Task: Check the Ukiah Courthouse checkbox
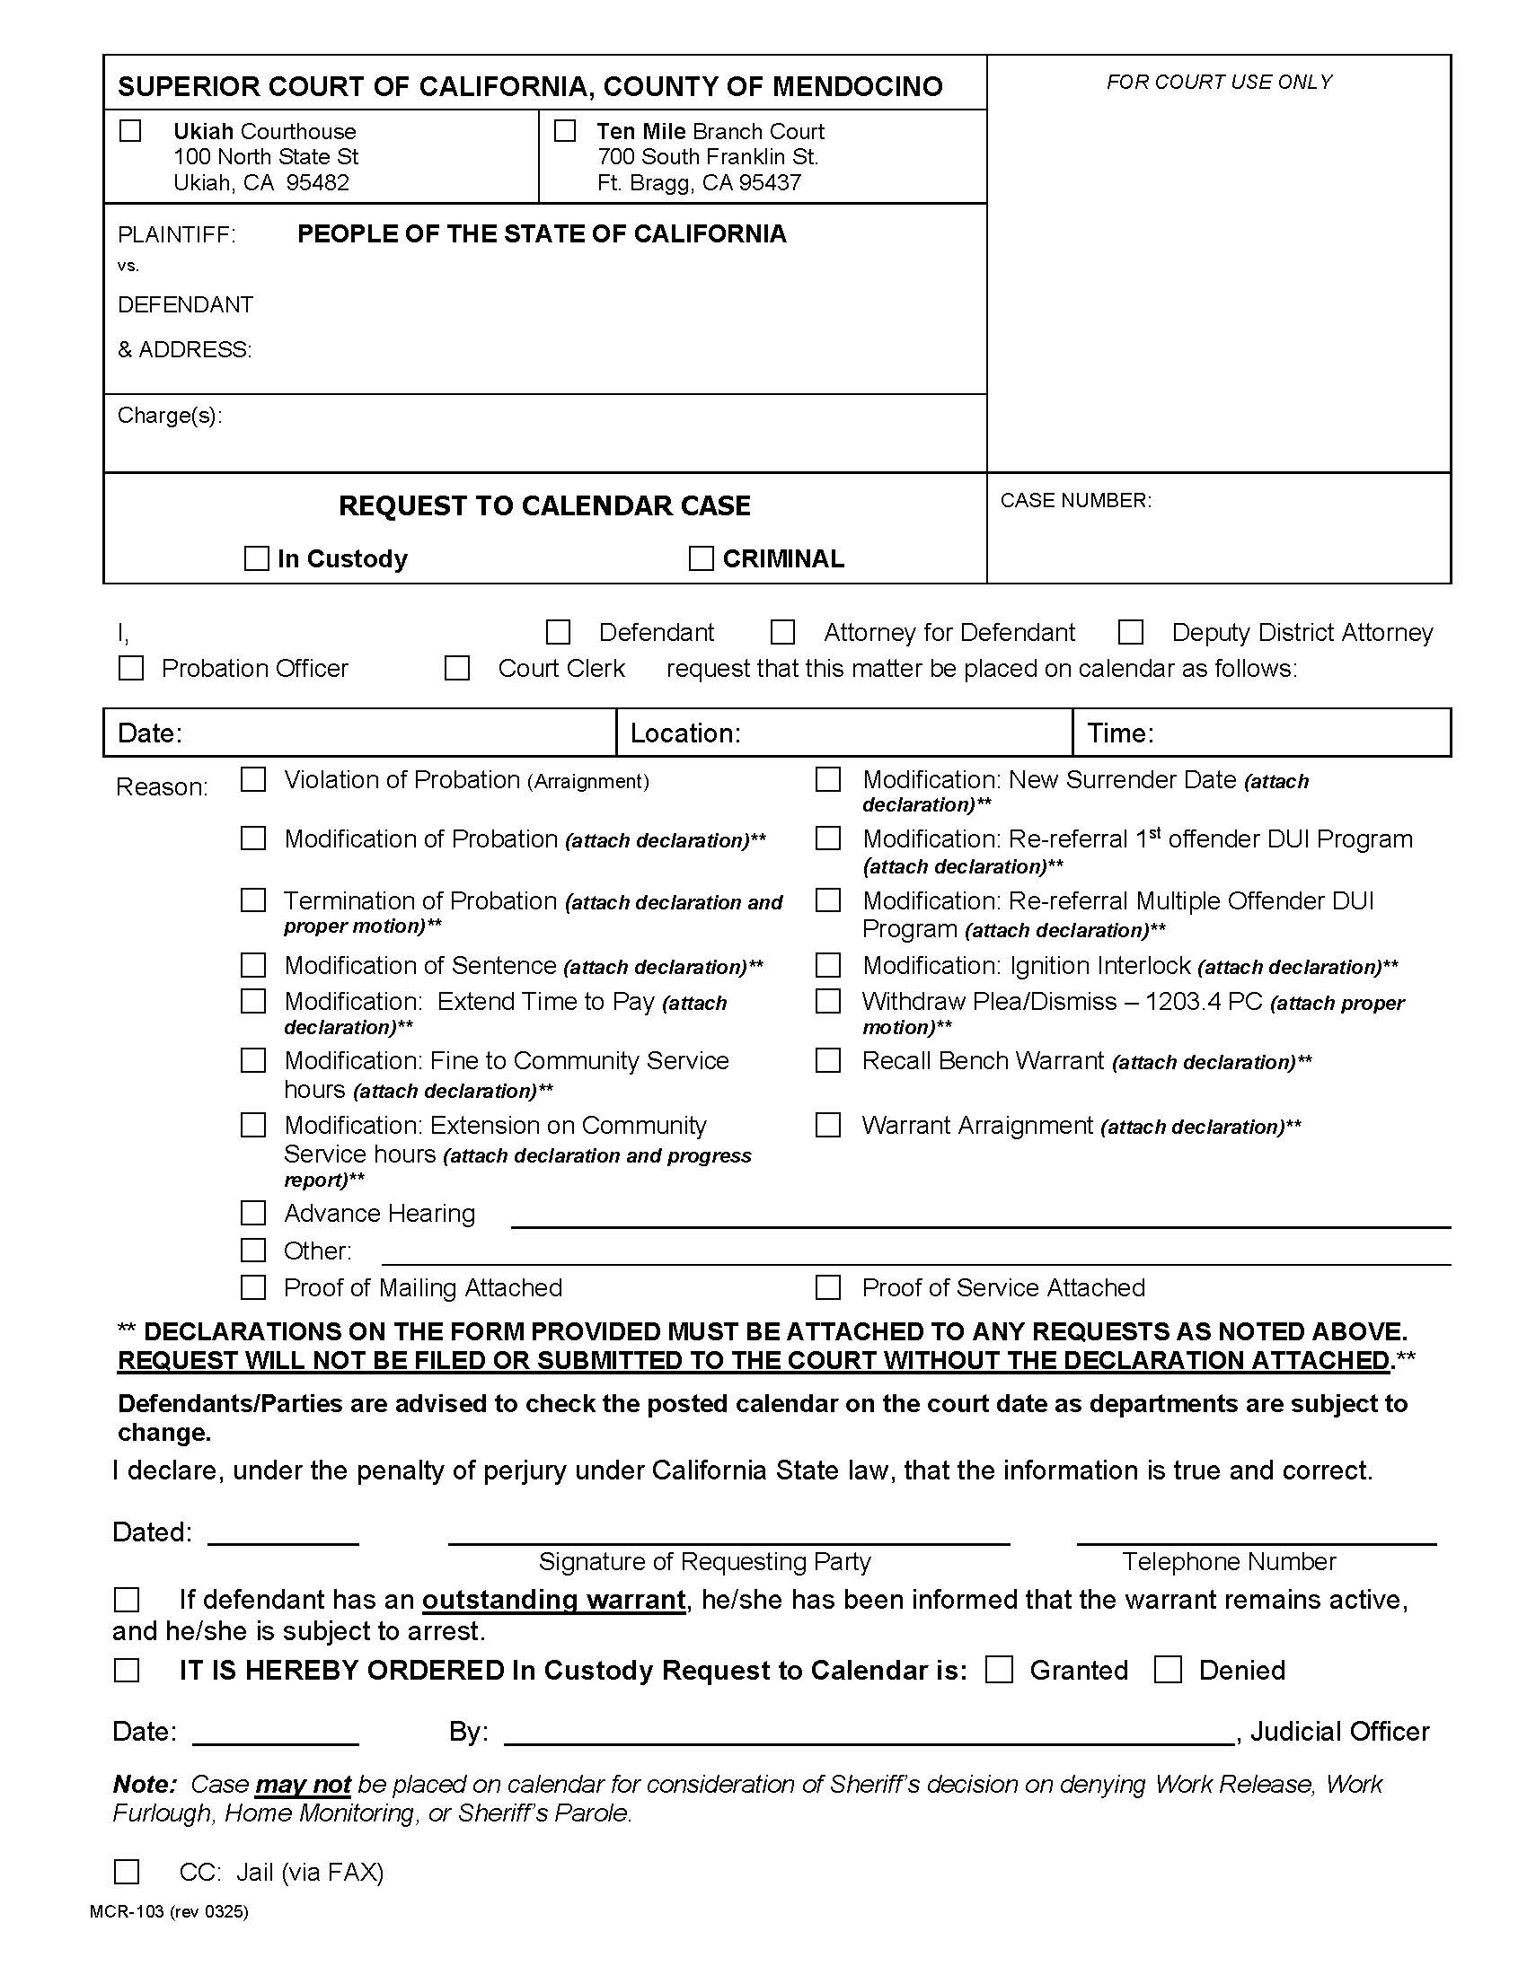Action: [130, 131]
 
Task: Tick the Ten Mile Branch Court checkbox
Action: [564, 131]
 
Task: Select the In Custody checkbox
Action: [257, 558]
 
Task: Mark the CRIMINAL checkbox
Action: [702, 558]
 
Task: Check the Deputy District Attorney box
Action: [1131, 632]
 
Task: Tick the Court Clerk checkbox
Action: [457, 668]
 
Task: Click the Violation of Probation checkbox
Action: [253, 779]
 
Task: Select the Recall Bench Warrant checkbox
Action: [828, 1060]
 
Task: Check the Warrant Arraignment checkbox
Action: [828, 1125]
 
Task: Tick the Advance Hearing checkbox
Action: [253, 1213]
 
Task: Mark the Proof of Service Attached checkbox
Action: [828, 1286]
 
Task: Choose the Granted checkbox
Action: [999, 1670]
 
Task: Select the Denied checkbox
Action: [1168, 1670]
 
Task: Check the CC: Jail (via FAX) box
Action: [127, 1871]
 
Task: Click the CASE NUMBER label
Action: [1075, 500]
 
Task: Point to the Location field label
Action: [684, 733]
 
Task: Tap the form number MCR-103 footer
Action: [168, 1910]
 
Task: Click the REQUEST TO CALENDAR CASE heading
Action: [543, 505]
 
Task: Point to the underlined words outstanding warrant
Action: [552, 1600]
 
